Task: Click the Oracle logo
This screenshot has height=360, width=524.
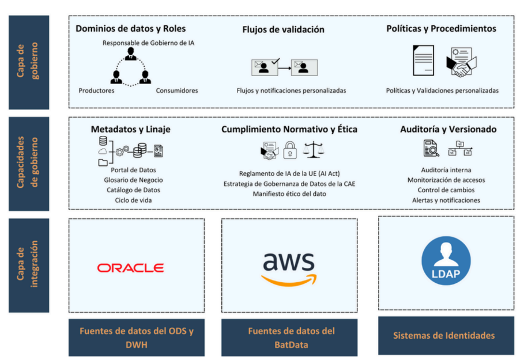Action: pyautogui.click(x=130, y=268)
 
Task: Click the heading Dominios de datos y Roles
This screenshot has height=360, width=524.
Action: pyautogui.click(x=131, y=28)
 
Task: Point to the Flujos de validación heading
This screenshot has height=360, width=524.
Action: pyautogui.click(x=283, y=29)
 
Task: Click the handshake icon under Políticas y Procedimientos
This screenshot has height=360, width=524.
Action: pyautogui.click(x=462, y=63)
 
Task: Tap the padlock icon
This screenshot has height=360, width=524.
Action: pyautogui.click(x=289, y=150)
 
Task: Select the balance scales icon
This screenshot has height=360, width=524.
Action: pyautogui.click(x=314, y=150)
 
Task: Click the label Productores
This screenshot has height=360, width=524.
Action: pyautogui.click(x=96, y=90)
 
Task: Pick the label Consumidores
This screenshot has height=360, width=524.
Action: pyautogui.click(x=177, y=90)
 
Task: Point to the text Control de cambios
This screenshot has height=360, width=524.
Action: pyautogui.click(x=446, y=190)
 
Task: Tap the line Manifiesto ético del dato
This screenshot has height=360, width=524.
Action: pyautogui.click(x=289, y=194)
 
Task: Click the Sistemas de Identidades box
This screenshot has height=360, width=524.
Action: pyautogui.click(x=446, y=335)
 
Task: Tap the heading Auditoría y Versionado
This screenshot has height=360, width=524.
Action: pyautogui.click(x=448, y=130)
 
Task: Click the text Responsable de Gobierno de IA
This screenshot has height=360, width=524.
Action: pyautogui.click(x=148, y=43)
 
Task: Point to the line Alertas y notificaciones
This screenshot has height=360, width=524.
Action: pyautogui.click(x=446, y=200)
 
